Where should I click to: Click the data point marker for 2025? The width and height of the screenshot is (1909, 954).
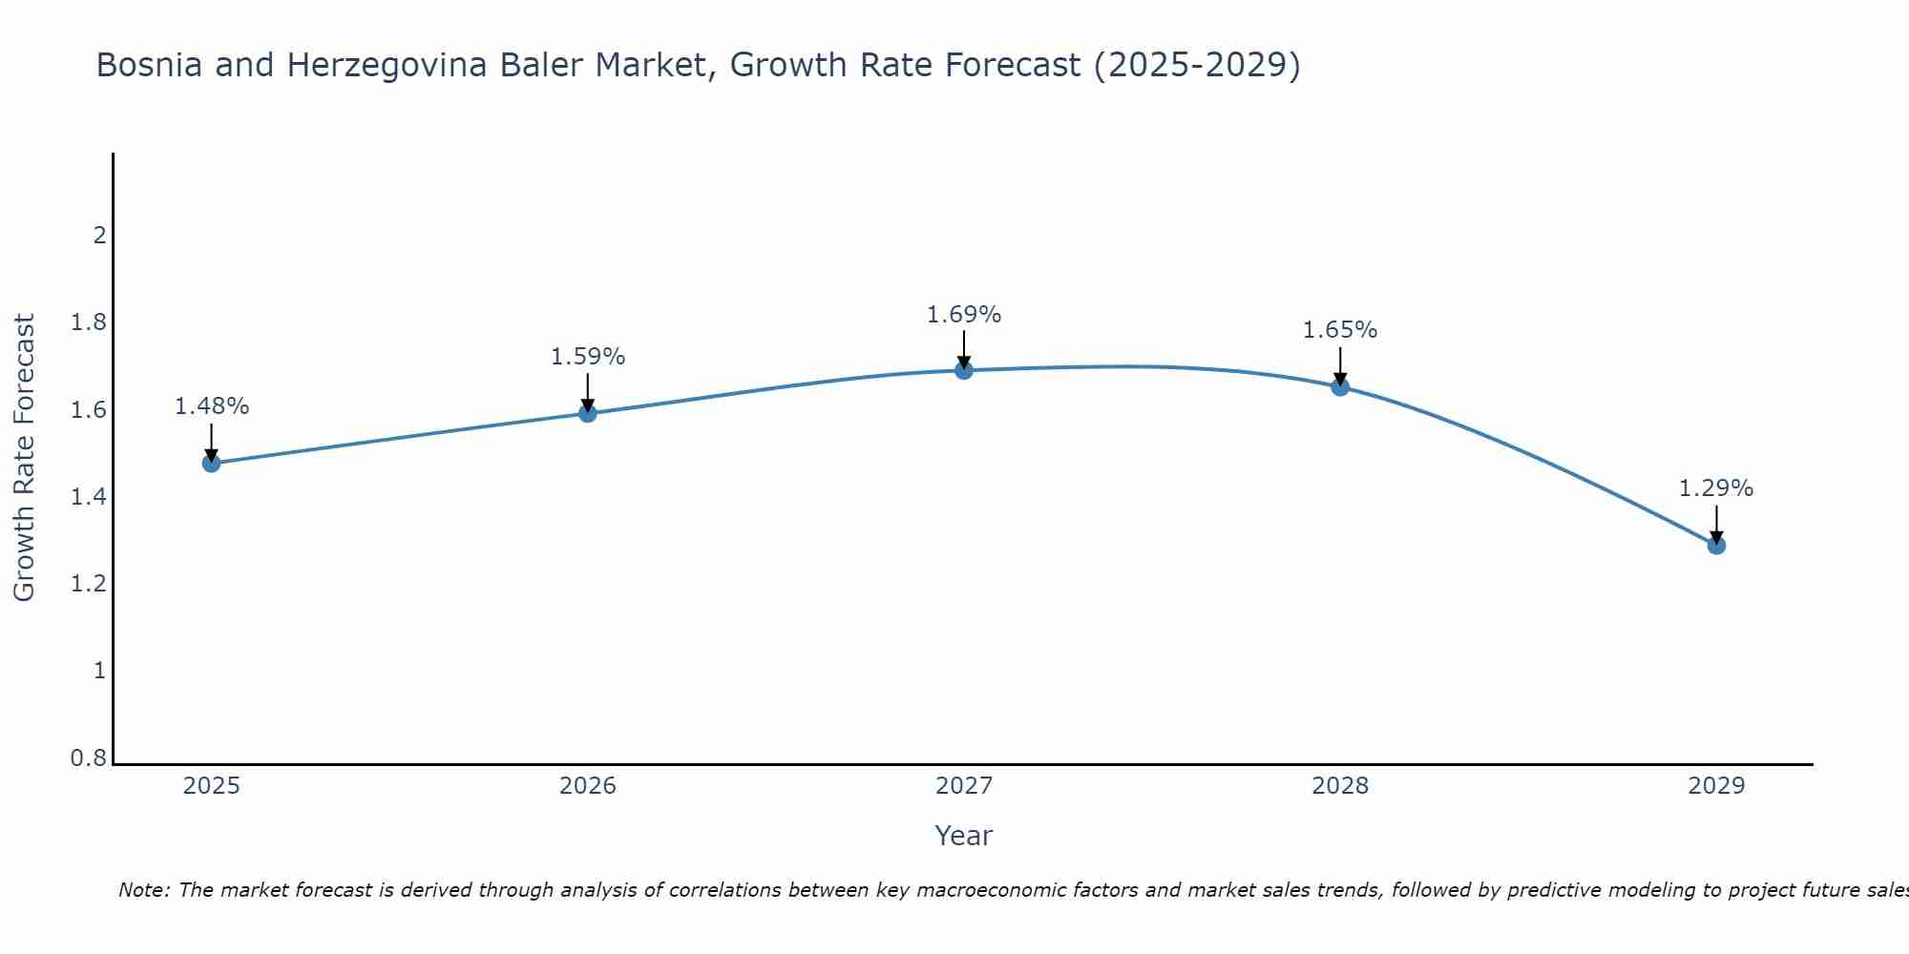pyautogui.click(x=211, y=464)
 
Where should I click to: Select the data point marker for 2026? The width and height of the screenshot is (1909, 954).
pyautogui.click(x=588, y=413)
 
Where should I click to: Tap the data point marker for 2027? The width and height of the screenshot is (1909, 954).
pyautogui.click(x=964, y=370)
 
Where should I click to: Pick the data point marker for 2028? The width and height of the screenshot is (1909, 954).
pyautogui.click(x=1340, y=386)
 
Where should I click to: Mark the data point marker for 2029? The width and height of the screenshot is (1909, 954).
pyautogui.click(x=1716, y=546)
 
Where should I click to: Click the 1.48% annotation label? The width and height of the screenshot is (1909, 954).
pyautogui.click(x=211, y=406)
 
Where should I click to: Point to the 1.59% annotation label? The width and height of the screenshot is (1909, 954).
pyautogui.click(x=588, y=357)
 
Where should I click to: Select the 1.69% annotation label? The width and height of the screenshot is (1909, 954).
pyautogui.click(x=964, y=315)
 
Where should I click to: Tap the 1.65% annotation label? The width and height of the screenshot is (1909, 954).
pyautogui.click(x=1340, y=330)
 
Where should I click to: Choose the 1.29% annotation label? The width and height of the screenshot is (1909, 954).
pyautogui.click(x=1716, y=488)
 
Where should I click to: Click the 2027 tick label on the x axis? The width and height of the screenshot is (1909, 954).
pyautogui.click(x=964, y=786)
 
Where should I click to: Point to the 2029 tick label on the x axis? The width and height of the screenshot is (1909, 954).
pyautogui.click(x=1716, y=786)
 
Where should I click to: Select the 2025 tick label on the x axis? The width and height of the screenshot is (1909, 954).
pyautogui.click(x=211, y=786)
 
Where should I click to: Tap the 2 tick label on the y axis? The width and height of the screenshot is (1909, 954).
pyautogui.click(x=99, y=235)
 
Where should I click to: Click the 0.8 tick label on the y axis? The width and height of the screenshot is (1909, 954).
pyautogui.click(x=89, y=758)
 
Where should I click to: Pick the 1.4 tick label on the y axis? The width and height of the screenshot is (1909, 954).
pyautogui.click(x=89, y=497)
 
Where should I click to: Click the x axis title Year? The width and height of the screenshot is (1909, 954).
pyautogui.click(x=964, y=836)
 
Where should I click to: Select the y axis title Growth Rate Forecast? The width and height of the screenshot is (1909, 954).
pyautogui.click(x=24, y=458)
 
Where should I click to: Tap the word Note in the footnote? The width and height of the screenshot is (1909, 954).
pyautogui.click(x=143, y=890)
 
